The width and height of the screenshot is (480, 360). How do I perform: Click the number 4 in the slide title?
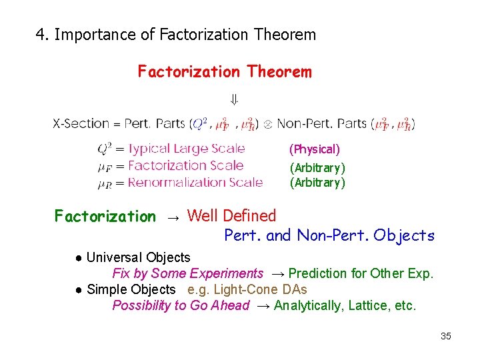click(41, 35)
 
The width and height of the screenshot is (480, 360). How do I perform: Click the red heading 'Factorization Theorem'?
click(224, 71)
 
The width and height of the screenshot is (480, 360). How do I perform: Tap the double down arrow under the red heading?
click(234, 101)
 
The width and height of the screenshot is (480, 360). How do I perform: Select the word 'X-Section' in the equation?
click(81, 123)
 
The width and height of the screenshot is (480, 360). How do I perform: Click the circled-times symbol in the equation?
click(268, 124)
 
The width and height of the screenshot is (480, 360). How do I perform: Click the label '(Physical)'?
click(314, 149)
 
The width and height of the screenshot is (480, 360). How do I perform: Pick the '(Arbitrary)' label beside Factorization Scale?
click(317, 167)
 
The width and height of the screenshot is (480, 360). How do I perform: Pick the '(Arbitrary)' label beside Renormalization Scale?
click(317, 182)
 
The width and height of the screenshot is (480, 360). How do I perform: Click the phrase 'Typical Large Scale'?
click(186, 149)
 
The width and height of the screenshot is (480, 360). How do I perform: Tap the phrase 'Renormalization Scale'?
click(195, 182)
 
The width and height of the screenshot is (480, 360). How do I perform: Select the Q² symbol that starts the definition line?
click(105, 149)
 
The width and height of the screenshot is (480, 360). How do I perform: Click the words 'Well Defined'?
click(231, 215)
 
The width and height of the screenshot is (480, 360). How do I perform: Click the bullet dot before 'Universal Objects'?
click(79, 258)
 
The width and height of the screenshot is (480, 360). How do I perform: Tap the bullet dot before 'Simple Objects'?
click(79, 290)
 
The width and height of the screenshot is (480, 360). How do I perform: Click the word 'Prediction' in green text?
click(318, 273)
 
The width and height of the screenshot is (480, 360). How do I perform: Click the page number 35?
click(445, 336)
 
